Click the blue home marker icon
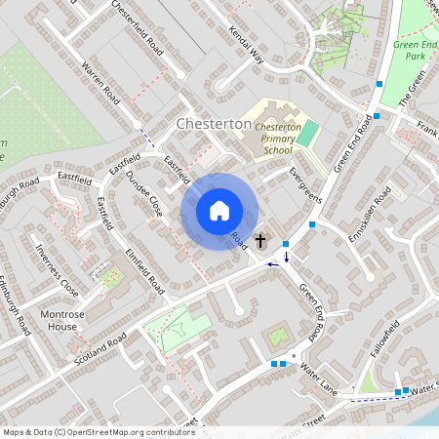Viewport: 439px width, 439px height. pos(219,211)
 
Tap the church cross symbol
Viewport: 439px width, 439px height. pos(260,240)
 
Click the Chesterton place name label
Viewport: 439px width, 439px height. pos(214,125)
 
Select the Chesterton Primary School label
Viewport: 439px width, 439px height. pos(272,139)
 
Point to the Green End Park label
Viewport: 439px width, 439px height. pos(417,51)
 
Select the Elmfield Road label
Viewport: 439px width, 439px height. pos(143,265)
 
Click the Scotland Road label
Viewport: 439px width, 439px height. pos(100,349)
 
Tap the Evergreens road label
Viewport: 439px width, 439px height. pos(304,184)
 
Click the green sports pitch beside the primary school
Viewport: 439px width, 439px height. pos(308,134)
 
